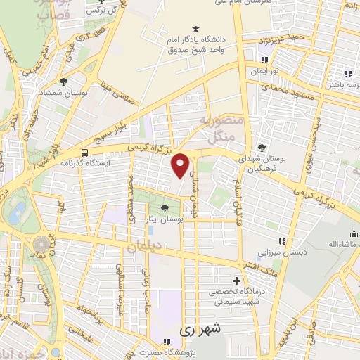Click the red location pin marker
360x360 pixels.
point(181,165)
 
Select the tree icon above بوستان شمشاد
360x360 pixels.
point(64,82)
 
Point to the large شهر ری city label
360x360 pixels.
point(200,328)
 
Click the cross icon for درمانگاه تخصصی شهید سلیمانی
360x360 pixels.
point(236,281)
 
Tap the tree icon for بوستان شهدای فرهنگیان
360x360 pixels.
point(262,148)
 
